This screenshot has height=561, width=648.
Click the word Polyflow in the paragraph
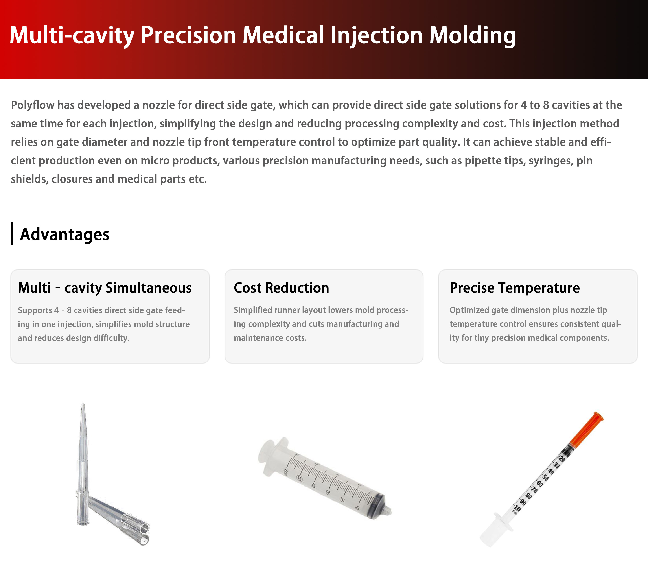[33, 105]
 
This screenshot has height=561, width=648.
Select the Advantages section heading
[64, 234]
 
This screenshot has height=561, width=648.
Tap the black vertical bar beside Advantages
[12, 234]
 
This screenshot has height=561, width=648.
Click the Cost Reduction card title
[281, 288]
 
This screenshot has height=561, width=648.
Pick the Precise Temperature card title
[515, 288]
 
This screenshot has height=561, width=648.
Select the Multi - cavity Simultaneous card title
[105, 288]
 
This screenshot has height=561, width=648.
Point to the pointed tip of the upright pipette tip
[83, 404]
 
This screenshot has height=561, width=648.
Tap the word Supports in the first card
[35, 310]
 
